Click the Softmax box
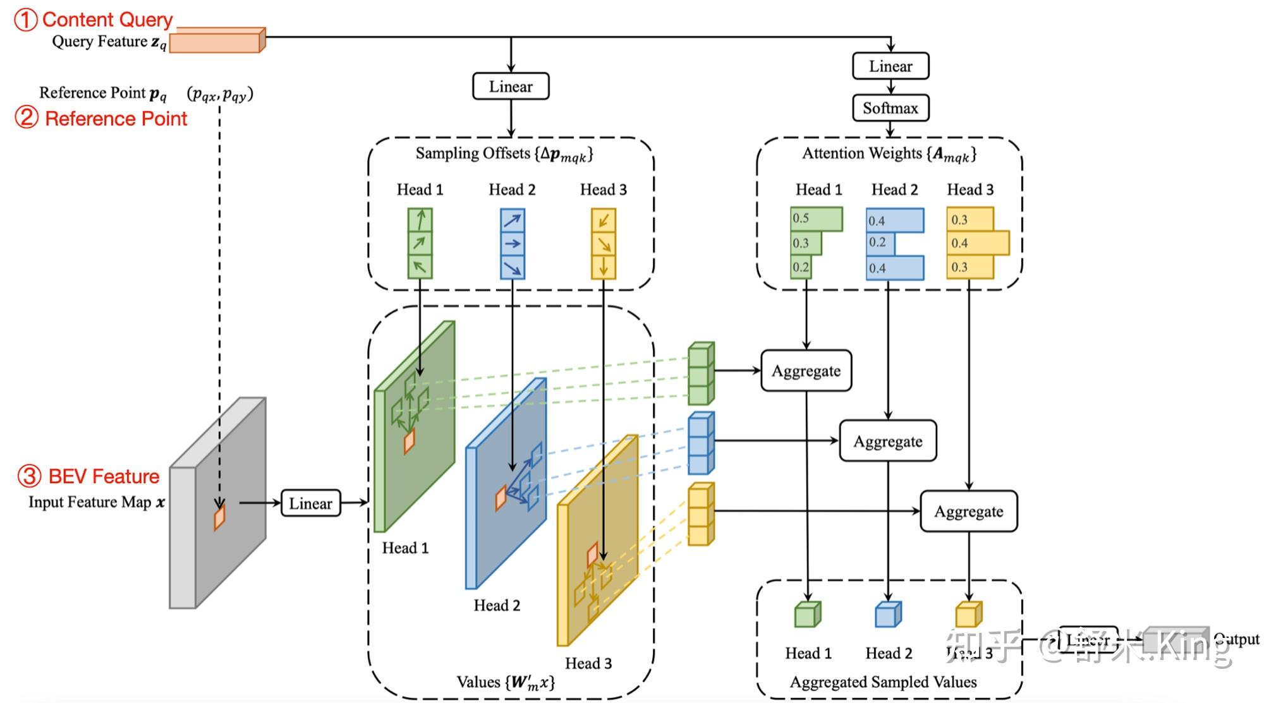tap(890, 108)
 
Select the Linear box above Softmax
tap(890, 66)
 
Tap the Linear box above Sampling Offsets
tap(511, 87)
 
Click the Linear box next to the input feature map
tap(310, 503)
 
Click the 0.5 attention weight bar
tap(816, 219)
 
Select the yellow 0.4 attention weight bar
tap(977, 243)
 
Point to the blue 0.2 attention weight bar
tap(878, 243)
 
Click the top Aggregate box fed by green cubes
tap(806, 371)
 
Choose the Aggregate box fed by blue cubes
tap(887, 441)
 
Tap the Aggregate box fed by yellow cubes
tap(968, 511)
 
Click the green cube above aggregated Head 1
tap(807, 615)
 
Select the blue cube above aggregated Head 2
tap(888, 615)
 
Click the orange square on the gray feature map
tap(219, 517)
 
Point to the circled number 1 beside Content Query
tap(26, 20)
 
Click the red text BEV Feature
tap(104, 476)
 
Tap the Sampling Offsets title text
tap(504, 154)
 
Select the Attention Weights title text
tap(889, 154)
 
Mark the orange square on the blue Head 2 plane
tap(501, 498)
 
